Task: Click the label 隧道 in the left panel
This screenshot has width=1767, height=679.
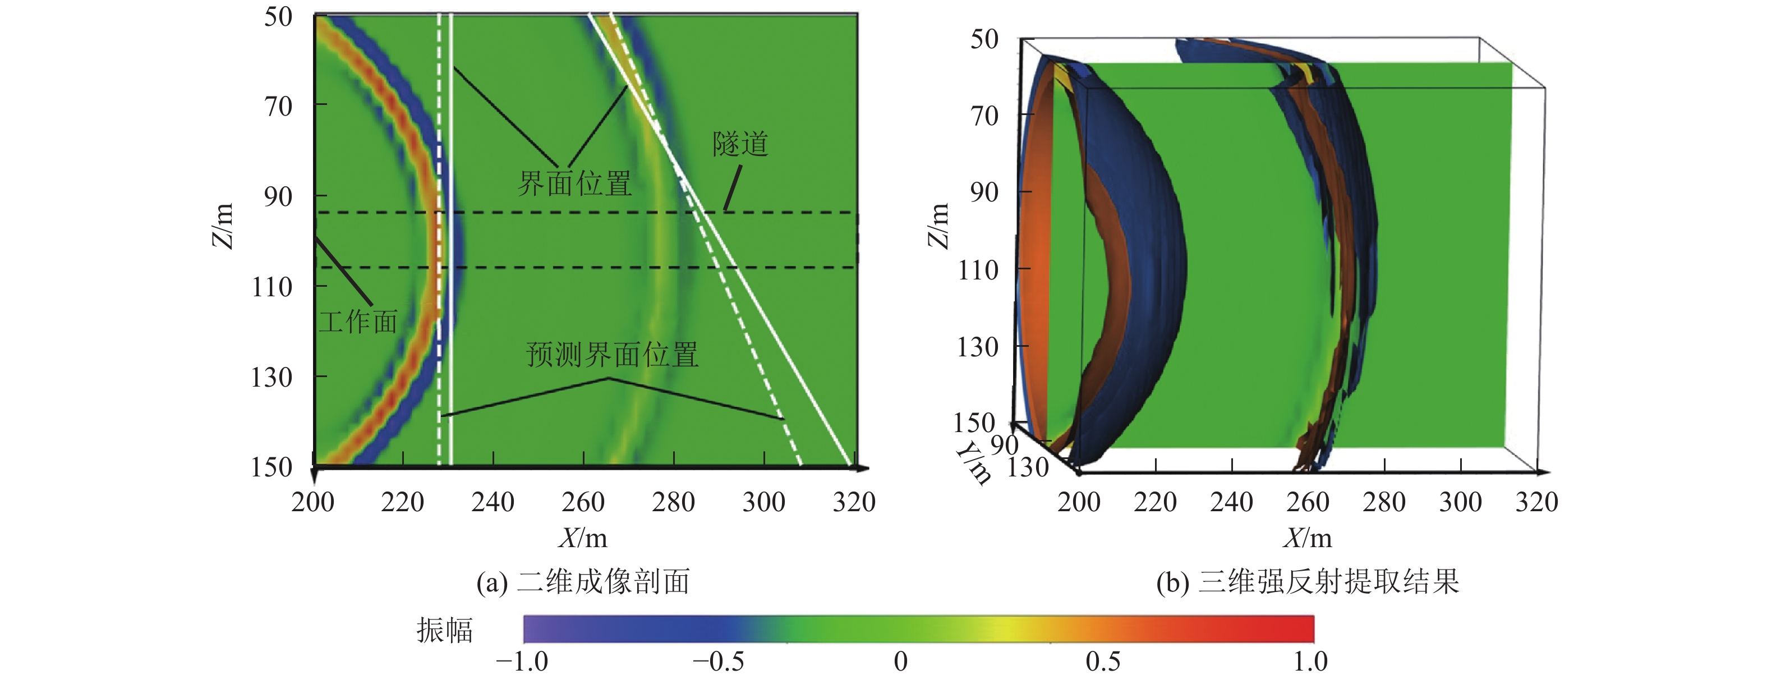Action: pyautogui.click(x=739, y=145)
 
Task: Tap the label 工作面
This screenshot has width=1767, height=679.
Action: pyautogui.click(x=358, y=322)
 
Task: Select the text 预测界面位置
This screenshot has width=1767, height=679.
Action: pyautogui.click(x=612, y=355)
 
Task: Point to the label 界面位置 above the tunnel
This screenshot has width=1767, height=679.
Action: pyautogui.click(x=574, y=184)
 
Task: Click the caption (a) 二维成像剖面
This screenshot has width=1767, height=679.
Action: pyautogui.click(x=583, y=581)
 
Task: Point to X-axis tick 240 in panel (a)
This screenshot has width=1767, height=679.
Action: pyautogui.click(x=493, y=503)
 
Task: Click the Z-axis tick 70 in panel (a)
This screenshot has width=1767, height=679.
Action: pyautogui.click(x=278, y=106)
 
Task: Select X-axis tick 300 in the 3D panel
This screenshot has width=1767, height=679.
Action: pyautogui.click(x=1460, y=503)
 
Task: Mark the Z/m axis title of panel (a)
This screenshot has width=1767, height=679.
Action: pyautogui.click(x=222, y=226)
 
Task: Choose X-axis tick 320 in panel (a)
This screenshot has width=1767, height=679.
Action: pyautogui.click(x=854, y=503)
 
